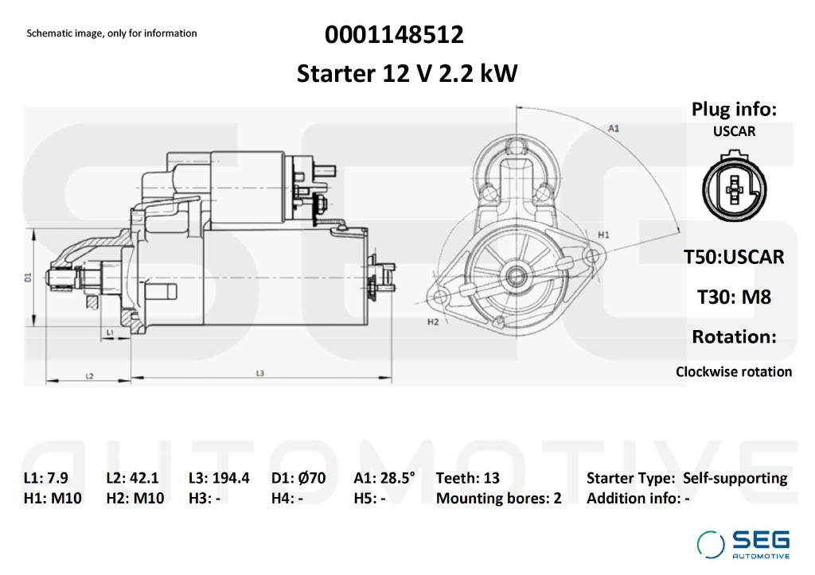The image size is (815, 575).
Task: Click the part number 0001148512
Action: tap(394, 35)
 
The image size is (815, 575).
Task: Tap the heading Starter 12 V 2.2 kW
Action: tap(407, 73)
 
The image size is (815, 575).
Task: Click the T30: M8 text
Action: tap(734, 297)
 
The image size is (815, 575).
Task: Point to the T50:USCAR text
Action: tap(734, 257)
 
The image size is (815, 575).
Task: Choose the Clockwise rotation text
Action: tap(734, 371)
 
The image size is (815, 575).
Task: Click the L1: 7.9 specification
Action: tap(46, 478)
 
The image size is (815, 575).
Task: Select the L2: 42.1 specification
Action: tap(133, 478)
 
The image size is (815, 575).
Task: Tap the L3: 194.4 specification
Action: tap(219, 478)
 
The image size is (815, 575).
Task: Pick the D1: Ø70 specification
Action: tap(298, 478)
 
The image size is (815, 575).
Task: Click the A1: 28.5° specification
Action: tap(384, 478)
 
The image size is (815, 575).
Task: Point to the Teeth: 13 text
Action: tap(468, 478)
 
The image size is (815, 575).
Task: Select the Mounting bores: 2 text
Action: tap(498, 499)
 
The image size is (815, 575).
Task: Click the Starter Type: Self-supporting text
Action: tap(687, 478)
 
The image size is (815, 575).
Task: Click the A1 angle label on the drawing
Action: tap(614, 127)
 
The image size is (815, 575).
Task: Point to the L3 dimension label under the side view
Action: tap(260, 373)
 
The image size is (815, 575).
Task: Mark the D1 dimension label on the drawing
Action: tap(27, 277)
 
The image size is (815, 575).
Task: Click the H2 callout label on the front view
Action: tap(433, 322)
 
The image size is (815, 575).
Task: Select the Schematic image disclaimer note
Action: tap(111, 33)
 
